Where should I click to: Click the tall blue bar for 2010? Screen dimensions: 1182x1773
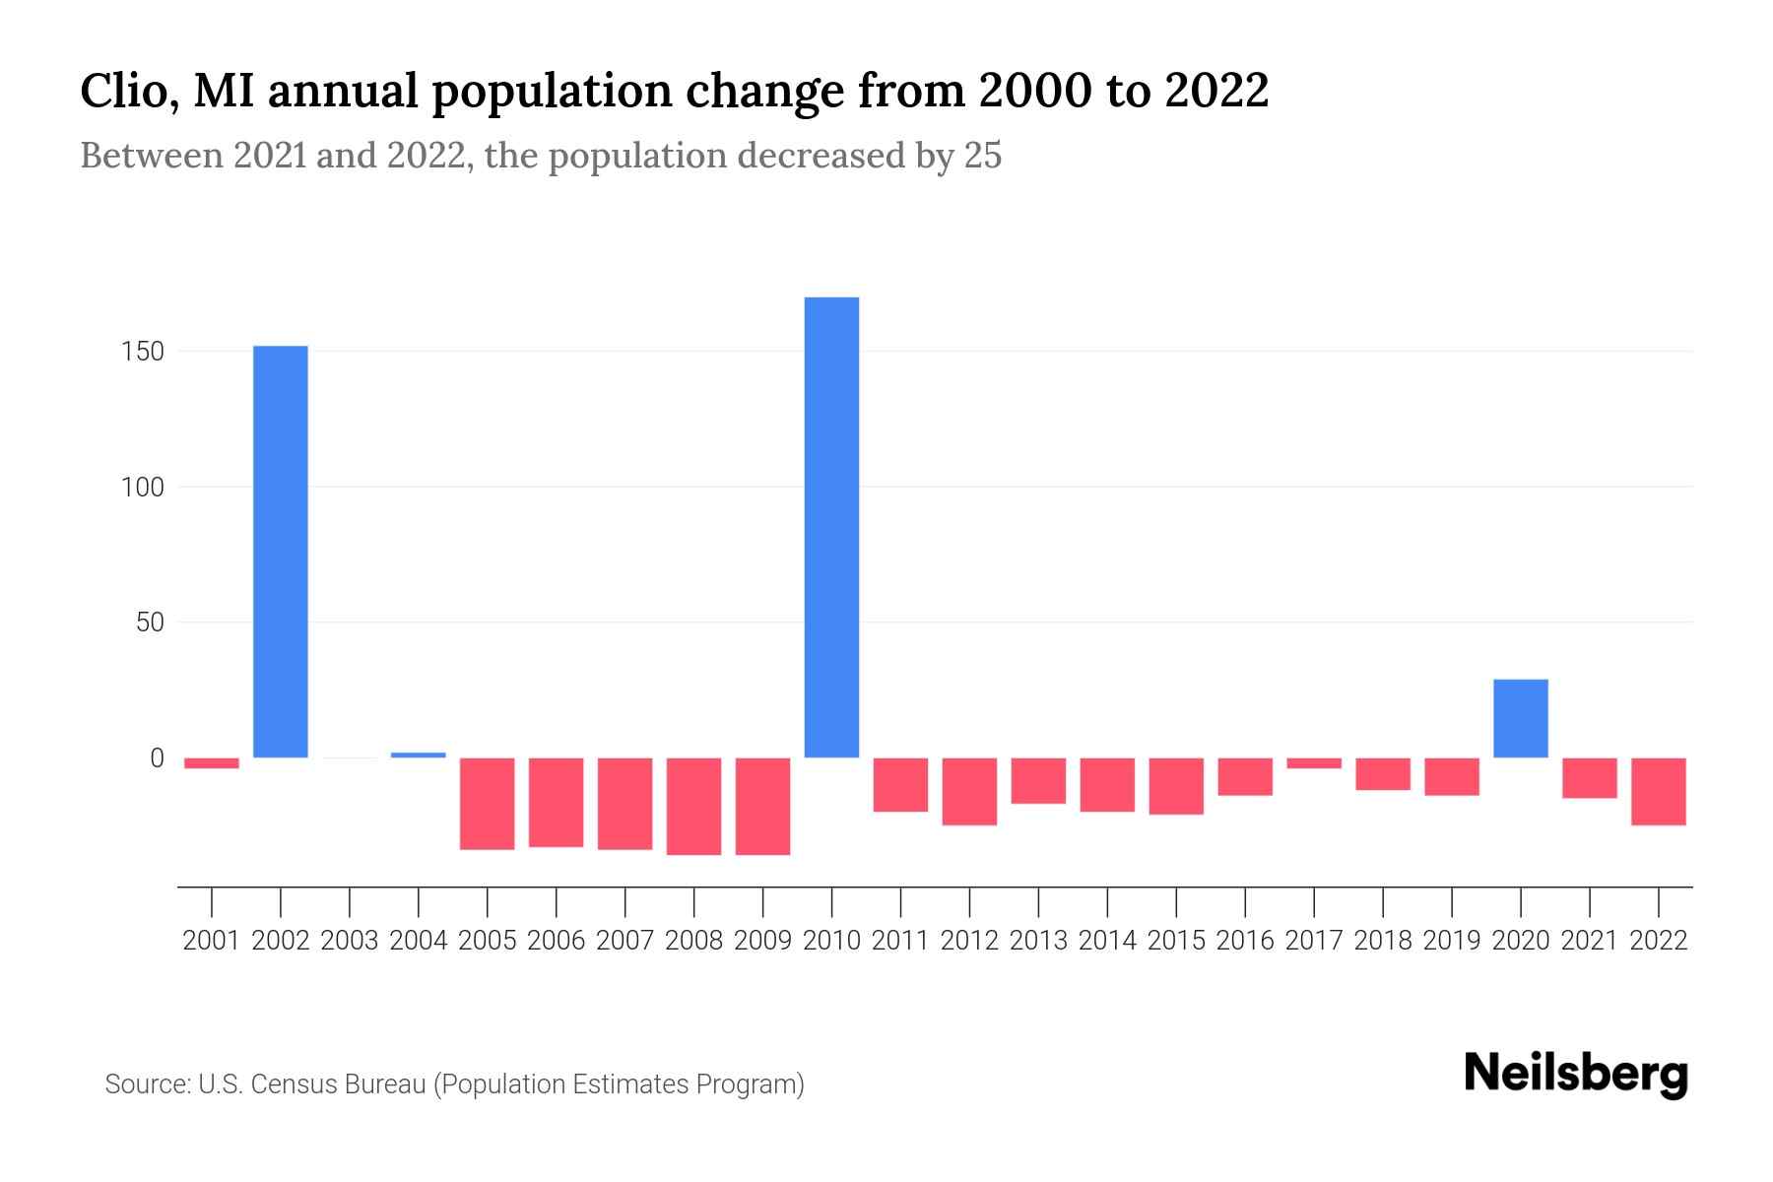(831, 527)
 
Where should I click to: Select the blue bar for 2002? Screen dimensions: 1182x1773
(281, 552)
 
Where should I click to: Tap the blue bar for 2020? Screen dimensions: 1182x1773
(1520, 718)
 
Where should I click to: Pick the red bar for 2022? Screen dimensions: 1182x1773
(1658, 791)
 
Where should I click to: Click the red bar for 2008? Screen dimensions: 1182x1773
(693, 806)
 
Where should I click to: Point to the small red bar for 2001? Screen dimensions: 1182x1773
(212, 763)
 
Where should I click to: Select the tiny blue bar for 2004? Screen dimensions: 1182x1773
(419, 755)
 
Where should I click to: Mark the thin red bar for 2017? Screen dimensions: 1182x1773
(1314, 763)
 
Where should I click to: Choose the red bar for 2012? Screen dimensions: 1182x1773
(969, 791)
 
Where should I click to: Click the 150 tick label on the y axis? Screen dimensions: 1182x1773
(143, 352)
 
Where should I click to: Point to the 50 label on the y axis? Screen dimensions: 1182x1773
(150, 623)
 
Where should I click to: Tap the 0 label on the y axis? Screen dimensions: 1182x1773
(157, 758)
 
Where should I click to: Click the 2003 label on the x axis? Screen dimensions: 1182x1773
(350, 941)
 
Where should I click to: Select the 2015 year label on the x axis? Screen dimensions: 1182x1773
(1176, 941)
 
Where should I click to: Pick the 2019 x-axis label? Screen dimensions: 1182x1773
(1452, 941)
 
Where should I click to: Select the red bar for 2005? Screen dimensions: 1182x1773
(487, 804)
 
